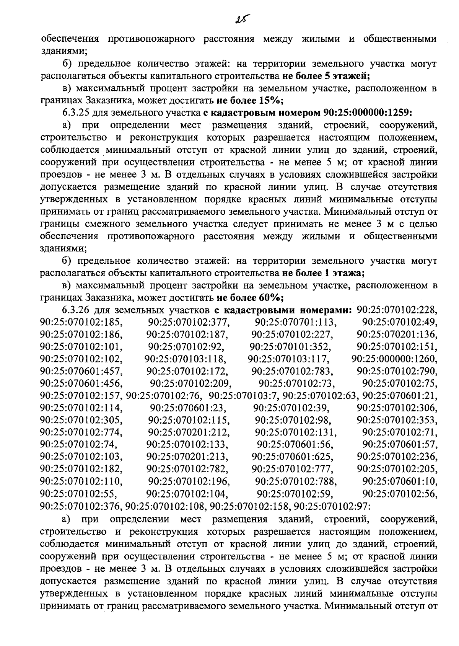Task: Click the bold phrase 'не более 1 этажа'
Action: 323,274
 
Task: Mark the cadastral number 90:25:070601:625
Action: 292,457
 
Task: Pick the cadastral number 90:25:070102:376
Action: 81,506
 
